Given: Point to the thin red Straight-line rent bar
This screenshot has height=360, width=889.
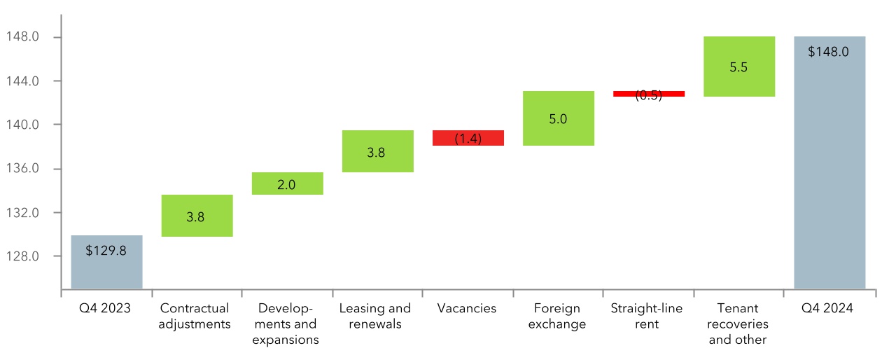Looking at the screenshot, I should coord(648,93).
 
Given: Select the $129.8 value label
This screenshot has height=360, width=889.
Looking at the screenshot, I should coord(106,250).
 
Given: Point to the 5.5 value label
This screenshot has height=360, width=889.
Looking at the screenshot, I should coord(738,67).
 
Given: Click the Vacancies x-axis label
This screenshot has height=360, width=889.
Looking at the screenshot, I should coord(466,308).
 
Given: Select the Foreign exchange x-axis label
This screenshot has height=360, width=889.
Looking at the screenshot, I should coord(558,316).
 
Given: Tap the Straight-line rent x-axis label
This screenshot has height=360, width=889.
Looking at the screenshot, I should coord(647,316).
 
